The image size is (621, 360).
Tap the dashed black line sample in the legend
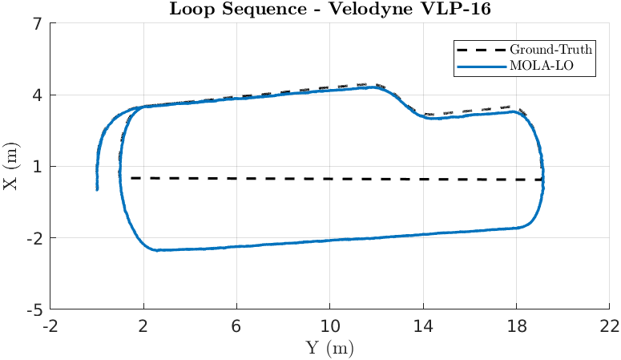pos(478,48)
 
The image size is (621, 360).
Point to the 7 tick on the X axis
pos(37,24)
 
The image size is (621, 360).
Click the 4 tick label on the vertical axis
pos(37,95)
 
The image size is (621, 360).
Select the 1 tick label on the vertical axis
pos(37,167)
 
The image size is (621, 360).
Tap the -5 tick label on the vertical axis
pos(34,309)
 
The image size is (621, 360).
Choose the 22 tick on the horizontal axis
pos(610,326)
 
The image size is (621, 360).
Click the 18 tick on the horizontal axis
pos(517,326)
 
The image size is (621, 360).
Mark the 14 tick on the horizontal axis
pos(424,326)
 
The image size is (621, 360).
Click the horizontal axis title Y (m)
pos(329,348)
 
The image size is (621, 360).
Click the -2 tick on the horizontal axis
pos(50,326)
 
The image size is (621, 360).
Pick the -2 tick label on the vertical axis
pos(34,238)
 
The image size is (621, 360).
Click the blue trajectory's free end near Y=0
pos(97,189)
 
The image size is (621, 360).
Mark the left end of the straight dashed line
pos(131,178)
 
